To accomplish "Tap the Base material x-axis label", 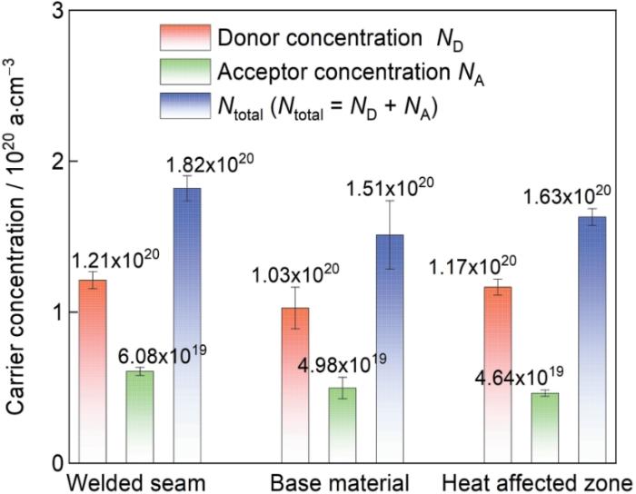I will (x=342, y=480).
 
